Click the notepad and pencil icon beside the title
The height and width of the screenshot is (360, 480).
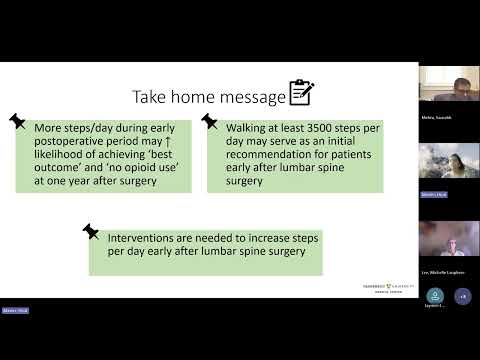tap(301, 94)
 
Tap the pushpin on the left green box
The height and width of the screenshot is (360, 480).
tap(17, 120)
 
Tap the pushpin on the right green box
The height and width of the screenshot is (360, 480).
tap(210, 120)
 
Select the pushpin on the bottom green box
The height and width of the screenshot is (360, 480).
tap(92, 230)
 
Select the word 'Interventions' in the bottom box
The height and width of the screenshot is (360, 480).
tap(150, 239)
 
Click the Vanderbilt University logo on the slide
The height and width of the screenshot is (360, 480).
tap(383, 287)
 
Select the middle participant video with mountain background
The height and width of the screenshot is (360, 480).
tap(448, 160)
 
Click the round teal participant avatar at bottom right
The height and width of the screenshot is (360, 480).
tap(435, 295)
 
